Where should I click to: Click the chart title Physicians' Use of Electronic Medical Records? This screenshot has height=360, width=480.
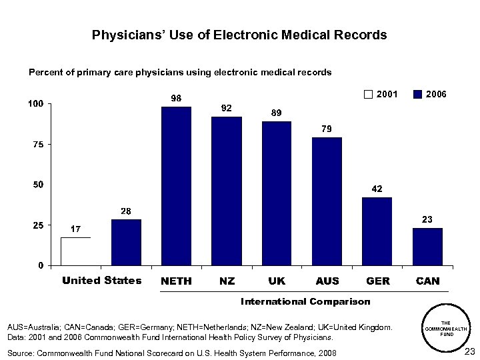point(239,35)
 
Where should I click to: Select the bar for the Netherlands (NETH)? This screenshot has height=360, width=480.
point(176,186)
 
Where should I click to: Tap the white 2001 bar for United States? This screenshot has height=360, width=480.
point(75,251)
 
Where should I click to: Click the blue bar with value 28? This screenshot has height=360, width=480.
point(126,242)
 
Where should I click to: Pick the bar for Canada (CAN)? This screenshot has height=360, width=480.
point(427,247)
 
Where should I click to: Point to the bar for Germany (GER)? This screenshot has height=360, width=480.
point(377,231)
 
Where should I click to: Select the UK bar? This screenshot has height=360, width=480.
point(277,193)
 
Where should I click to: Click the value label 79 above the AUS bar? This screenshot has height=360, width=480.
point(327,129)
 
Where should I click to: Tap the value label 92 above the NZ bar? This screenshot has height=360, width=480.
point(227,108)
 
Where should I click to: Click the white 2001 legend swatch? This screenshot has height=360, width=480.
point(369,95)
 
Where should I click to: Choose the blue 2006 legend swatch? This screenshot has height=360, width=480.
point(417,95)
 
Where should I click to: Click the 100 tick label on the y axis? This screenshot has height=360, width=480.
point(35,104)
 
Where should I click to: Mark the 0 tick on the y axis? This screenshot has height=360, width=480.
point(41,265)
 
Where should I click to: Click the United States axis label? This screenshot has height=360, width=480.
point(101,281)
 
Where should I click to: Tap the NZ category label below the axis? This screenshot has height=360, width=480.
point(227,281)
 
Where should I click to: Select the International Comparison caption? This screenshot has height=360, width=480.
point(305,302)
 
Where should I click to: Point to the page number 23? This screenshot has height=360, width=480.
point(469,351)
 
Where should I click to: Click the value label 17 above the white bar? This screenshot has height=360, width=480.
point(76,229)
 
